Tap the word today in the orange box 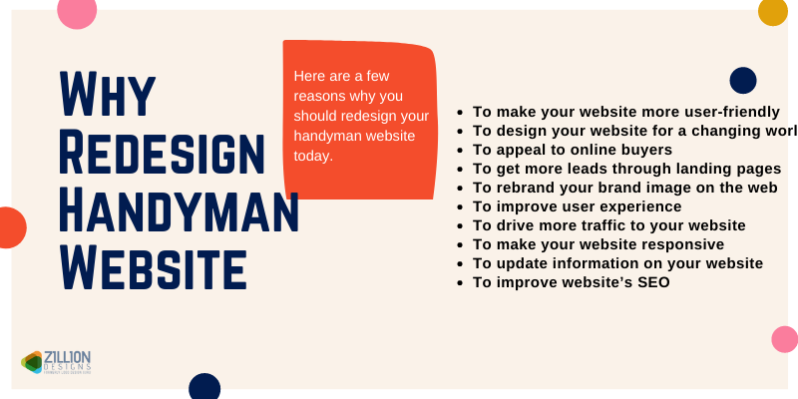[312, 157]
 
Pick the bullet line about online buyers [572, 149]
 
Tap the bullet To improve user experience [577, 205]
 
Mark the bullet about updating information [617, 263]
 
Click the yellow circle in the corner [773, 11]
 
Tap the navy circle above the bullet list [743, 80]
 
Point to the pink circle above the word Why [77, 10]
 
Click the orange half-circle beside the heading [10, 227]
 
